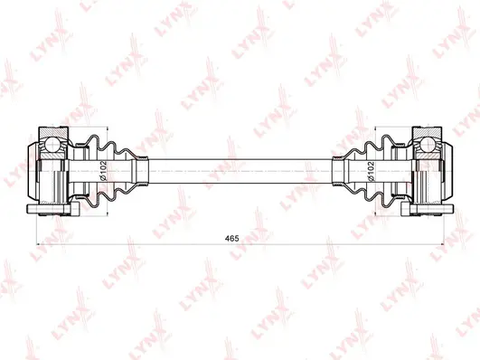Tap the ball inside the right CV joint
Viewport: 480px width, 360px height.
point(426,143)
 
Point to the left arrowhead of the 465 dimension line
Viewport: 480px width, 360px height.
point(37,244)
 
